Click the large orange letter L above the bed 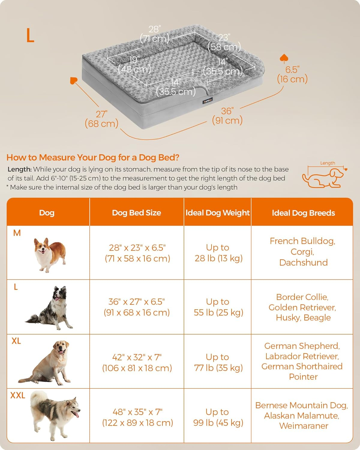pos(30,35)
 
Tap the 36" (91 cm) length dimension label pos(227,116)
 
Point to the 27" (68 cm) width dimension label pos(101,119)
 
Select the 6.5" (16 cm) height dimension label pos(292,74)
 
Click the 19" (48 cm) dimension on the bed pos(134,64)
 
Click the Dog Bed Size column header pos(136,213)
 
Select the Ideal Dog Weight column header pos(217,213)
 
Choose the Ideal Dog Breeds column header pos(303,213)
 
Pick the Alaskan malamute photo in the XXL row pos(54,415)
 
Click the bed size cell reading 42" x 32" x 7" pos(137,362)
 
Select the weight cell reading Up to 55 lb pos(218,307)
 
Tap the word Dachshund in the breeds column pos(303,262)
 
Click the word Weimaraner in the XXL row pos(303,426)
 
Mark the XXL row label pos(18,395)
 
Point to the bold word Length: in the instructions pos(19,169)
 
